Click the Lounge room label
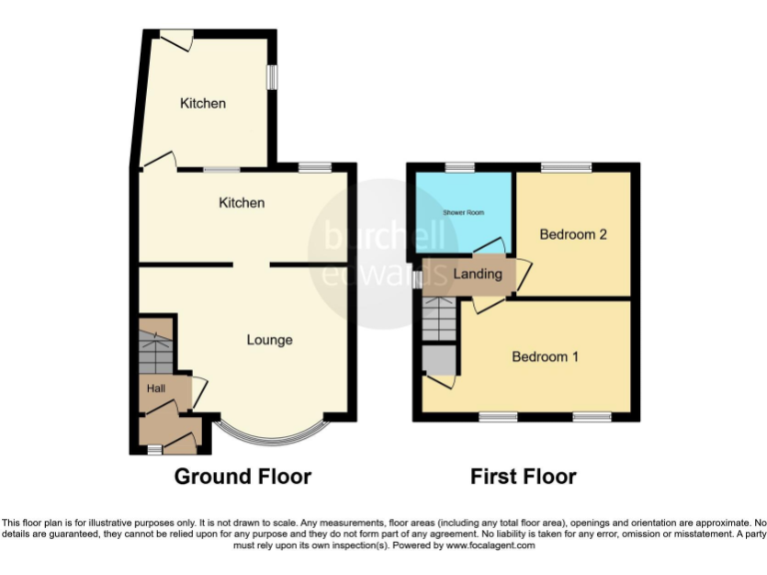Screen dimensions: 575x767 pos(270,340)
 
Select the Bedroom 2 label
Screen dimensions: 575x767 pos(573,235)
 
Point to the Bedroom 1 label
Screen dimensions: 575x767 pos(545,356)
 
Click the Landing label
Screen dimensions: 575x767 pos(477,274)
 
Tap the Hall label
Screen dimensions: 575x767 pos(157,388)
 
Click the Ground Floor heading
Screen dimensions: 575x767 pos(243,476)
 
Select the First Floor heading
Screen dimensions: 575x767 pos(523,476)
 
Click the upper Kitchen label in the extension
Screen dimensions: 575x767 pos(203,103)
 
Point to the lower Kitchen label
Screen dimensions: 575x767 pos(242,203)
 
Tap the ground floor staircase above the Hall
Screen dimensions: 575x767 pos(154,349)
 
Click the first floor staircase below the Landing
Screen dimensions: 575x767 pos(438,318)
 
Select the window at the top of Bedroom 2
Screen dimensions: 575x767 pos(566,167)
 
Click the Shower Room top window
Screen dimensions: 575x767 pos(459,167)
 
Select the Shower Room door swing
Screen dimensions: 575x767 pos(489,245)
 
